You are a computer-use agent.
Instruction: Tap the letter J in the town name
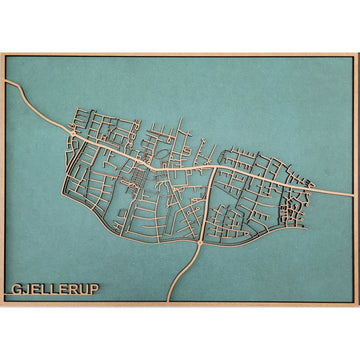[x=25, y=292]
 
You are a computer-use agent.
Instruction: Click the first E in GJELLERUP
[x=34, y=292]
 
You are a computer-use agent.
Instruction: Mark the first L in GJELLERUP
[x=44, y=292]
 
